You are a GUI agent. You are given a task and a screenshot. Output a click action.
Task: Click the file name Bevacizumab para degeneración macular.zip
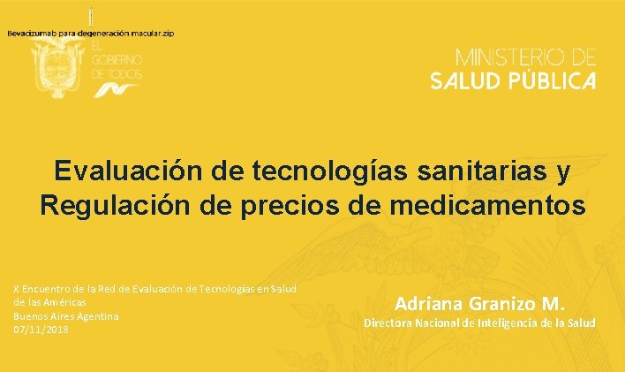91,34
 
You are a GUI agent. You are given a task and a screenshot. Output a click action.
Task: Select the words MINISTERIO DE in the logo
525,58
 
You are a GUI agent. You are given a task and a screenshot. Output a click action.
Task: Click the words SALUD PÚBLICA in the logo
513,81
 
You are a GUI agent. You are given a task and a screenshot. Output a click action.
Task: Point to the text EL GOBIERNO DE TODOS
116,60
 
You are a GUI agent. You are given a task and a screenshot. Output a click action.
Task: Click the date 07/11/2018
41,330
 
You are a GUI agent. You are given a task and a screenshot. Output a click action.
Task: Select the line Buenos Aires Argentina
66,315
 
